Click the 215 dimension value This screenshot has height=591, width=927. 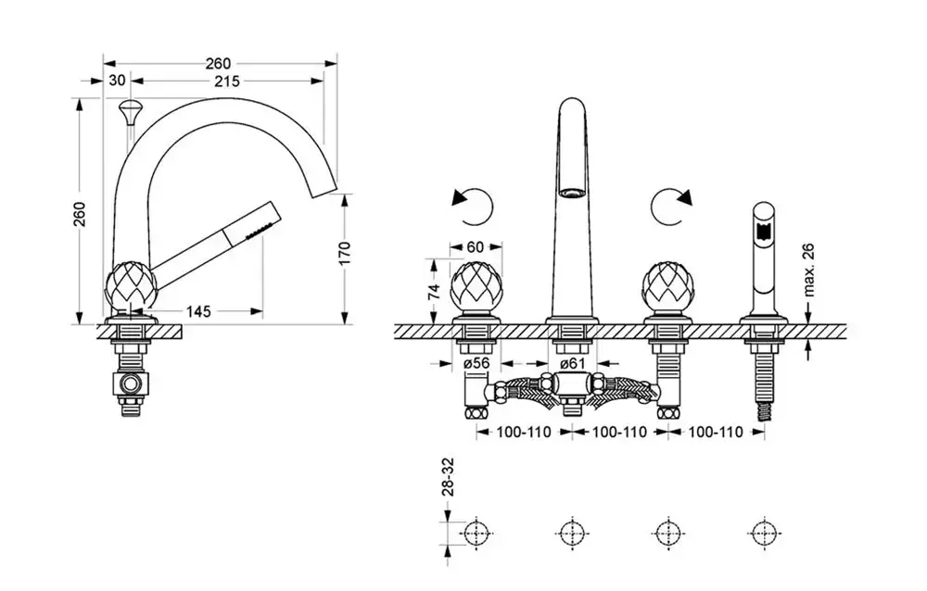[x=227, y=81]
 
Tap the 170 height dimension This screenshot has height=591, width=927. [x=345, y=253]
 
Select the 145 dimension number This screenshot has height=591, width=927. [x=198, y=311]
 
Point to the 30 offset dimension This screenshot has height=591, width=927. [x=118, y=80]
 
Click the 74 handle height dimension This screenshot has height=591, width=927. [x=435, y=291]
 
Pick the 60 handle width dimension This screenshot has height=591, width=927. [x=476, y=247]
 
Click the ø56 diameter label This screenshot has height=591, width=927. [x=477, y=363]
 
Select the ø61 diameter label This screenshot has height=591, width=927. [x=572, y=363]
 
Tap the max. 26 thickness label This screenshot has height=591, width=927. [x=809, y=270]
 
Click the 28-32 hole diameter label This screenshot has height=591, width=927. [x=449, y=476]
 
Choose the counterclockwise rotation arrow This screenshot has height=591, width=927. [x=473, y=207]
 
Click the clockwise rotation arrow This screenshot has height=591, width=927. [x=671, y=207]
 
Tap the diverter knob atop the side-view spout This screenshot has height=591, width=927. [x=130, y=111]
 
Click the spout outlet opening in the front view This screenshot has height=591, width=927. [x=572, y=192]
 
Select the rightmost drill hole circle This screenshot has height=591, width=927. [x=764, y=534]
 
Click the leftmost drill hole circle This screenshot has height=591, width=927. [x=476, y=534]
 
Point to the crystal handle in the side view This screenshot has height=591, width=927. [x=132, y=286]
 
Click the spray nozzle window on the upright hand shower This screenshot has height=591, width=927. [x=763, y=230]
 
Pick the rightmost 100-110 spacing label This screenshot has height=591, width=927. [x=716, y=432]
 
